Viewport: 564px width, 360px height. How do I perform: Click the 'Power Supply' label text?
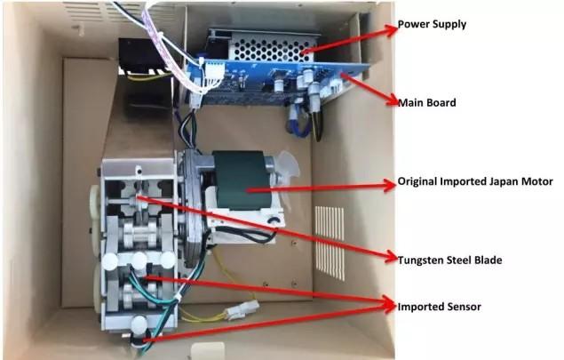tap(432, 25)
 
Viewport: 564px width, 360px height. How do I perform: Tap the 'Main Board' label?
tap(427, 102)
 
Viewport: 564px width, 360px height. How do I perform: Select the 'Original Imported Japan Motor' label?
tap(475, 181)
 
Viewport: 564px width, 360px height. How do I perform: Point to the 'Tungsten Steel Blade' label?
tap(449, 260)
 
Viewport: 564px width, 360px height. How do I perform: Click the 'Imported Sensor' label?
tap(439, 307)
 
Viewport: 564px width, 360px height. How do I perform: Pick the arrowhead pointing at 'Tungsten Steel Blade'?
tap(391, 258)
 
